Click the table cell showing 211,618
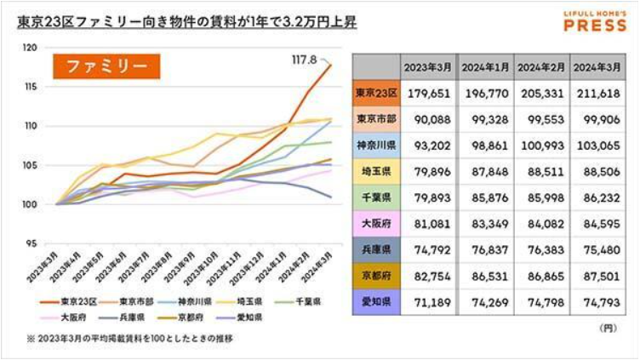click(599, 92)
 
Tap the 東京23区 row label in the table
click(375, 92)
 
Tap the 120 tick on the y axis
click(31, 48)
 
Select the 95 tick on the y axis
click(31, 243)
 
